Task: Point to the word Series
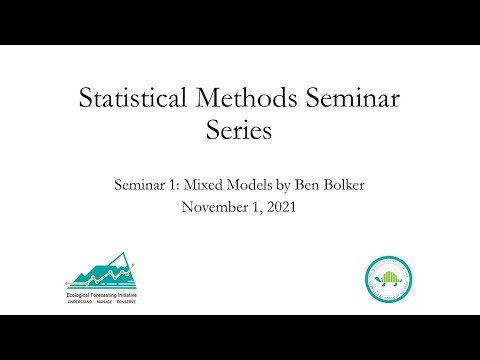239,131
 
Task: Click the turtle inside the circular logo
387,277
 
